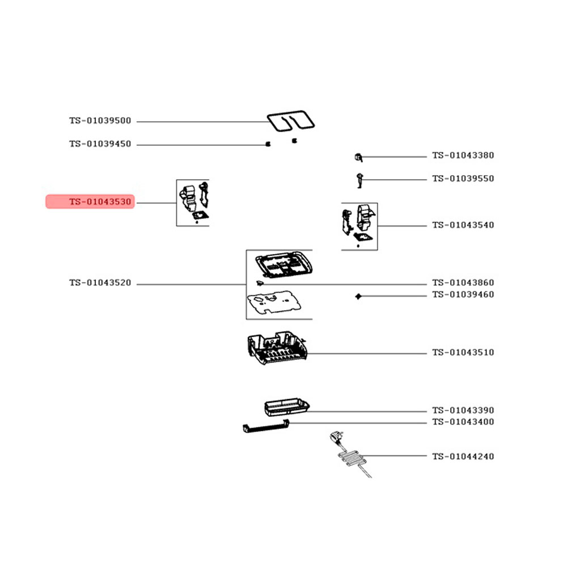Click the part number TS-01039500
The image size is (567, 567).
pos(100,121)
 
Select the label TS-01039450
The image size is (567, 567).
pos(100,144)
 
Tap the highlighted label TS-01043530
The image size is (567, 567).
pos(100,202)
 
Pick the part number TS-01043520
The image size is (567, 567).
pos(100,283)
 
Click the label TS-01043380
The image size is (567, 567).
pos(463,155)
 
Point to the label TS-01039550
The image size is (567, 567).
pos(463,179)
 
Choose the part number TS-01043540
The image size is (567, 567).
pos(463,225)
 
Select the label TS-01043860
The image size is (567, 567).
pos(463,283)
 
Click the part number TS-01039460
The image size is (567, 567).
pos(463,295)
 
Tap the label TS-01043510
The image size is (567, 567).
pos(463,353)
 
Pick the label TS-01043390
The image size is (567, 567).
pos(463,411)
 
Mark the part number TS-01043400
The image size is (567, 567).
pos(463,422)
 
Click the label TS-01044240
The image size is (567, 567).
pos(463,456)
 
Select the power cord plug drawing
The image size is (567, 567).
pos(336,436)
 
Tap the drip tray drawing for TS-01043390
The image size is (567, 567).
pos(287,407)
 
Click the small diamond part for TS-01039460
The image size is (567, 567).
pos(358,297)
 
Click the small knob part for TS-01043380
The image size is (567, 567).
pos(358,157)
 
